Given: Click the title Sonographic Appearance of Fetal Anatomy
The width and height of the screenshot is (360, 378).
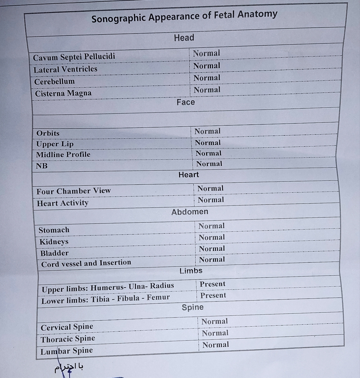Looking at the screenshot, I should (184, 17).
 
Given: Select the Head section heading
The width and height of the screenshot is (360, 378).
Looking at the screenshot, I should (184, 38).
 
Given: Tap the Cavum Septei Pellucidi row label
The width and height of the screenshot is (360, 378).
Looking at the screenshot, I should (74, 57).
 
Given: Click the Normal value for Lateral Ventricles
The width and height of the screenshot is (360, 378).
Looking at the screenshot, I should (206, 66).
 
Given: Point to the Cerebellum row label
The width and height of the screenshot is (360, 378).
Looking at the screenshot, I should (54, 82).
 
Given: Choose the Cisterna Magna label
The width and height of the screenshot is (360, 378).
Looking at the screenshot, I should (63, 93).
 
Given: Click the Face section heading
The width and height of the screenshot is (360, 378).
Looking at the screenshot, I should (186, 102).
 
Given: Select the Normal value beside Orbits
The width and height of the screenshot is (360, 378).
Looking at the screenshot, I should (207, 131).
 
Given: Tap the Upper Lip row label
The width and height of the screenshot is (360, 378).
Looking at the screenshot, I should (55, 144).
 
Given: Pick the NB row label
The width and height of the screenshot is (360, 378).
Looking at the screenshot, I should (42, 166).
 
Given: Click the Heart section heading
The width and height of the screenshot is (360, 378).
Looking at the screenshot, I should (188, 175).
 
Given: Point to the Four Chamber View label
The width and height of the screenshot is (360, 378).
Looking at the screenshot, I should (74, 191).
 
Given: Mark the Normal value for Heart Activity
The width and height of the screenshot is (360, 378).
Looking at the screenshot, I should (211, 200).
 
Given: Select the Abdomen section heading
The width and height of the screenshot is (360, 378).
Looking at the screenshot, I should (190, 212).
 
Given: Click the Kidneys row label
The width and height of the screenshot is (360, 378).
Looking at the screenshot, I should (54, 242).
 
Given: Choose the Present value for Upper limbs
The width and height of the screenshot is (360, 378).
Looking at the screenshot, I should (212, 284).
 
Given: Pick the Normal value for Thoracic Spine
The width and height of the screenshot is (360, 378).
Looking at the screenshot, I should (215, 333).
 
